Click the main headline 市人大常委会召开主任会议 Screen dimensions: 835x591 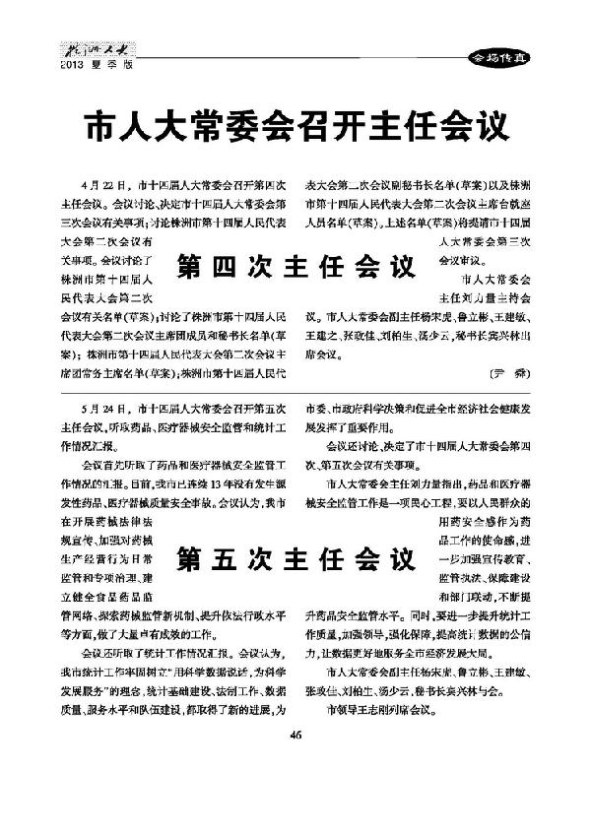click(295, 127)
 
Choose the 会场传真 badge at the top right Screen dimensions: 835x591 click(498, 58)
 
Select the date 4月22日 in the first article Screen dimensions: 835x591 click(103, 185)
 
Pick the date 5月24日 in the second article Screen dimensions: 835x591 click(103, 407)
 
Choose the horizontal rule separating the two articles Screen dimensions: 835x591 click(295, 391)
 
